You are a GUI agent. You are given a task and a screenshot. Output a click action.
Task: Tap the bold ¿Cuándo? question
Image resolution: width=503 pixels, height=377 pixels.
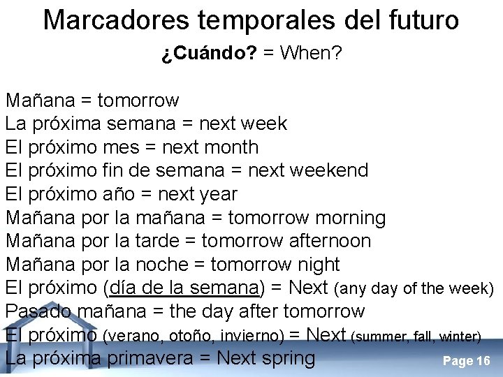tap(208, 54)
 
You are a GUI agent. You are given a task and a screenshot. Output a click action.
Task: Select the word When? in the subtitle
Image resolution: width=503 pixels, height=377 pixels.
tap(311, 54)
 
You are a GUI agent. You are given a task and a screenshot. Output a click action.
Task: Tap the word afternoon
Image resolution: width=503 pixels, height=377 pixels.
tap(328, 241)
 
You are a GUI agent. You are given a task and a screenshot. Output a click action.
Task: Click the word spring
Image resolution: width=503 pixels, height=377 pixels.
tap(288, 358)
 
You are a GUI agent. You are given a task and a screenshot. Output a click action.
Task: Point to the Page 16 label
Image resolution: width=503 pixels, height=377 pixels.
tap(467, 361)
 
